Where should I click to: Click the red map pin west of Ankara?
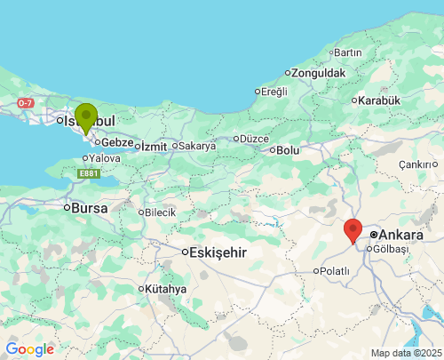[x=353, y=230]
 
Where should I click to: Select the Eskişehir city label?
[x=218, y=252]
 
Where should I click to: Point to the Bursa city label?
[x=90, y=208]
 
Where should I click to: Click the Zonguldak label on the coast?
[x=318, y=72]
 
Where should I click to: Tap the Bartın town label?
[x=347, y=52]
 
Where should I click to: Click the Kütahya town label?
[x=166, y=289]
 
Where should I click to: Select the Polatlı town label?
[x=335, y=270]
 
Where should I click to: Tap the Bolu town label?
[x=288, y=150]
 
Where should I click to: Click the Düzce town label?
[x=253, y=138]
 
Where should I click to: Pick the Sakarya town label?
[x=197, y=146]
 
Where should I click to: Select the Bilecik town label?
[x=161, y=212]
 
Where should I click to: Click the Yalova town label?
[x=105, y=158]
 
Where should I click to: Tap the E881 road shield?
[x=88, y=173]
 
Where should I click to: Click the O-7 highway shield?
[x=25, y=103]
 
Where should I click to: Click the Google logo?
[x=29, y=349]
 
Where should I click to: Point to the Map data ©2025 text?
[x=405, y=353]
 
